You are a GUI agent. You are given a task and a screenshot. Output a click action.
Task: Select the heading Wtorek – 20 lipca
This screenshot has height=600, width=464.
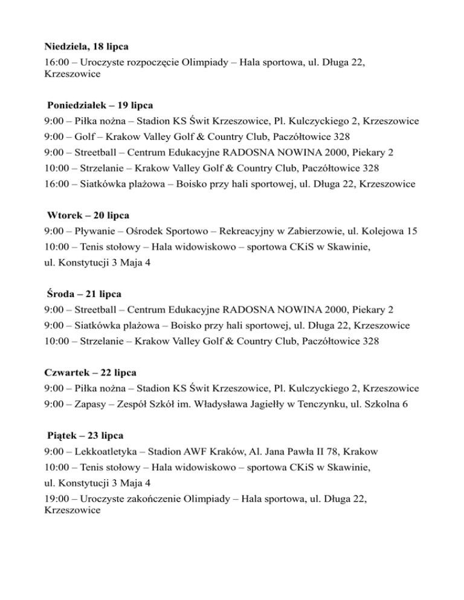[x=88, y=215]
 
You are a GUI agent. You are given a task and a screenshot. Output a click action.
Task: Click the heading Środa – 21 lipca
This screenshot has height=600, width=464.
[x=85, y=294]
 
